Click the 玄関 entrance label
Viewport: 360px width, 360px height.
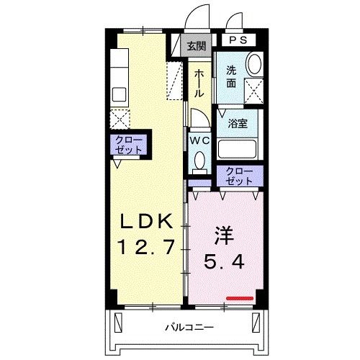[x=195, y=46]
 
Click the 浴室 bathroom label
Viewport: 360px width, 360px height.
[x=237, y=122]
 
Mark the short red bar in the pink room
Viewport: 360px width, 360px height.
[x=240, y=297]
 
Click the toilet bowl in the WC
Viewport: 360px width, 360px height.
[x=199, y=161]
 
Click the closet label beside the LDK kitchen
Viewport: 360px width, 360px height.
[x=129, y=144]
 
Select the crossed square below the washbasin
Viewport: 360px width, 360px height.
[x=253, y=90]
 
